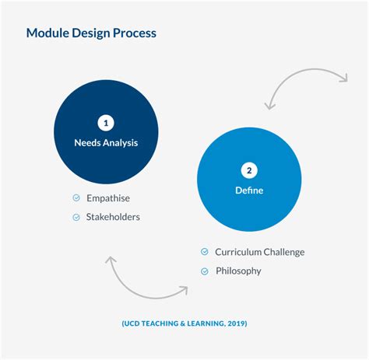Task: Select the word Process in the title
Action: click(x=135, y=33)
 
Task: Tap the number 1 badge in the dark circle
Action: click(x=105, y=122)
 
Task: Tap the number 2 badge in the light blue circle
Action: click(x=249, y=171)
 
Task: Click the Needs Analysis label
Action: click(x=105, y=142)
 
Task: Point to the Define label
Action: click(x=249, y=190)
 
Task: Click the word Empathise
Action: click(x=108, y=198)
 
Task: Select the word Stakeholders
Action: click(x=114, y=217)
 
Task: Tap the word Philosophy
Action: click(x=238, y=271)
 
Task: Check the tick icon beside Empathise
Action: click(x=76, y=198)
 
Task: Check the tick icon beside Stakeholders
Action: click(x=76, y=217)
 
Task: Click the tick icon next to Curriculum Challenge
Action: click(x=204, y=252)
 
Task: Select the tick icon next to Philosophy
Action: click(x=204, y=271)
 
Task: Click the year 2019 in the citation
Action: click(x=234, y=323)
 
